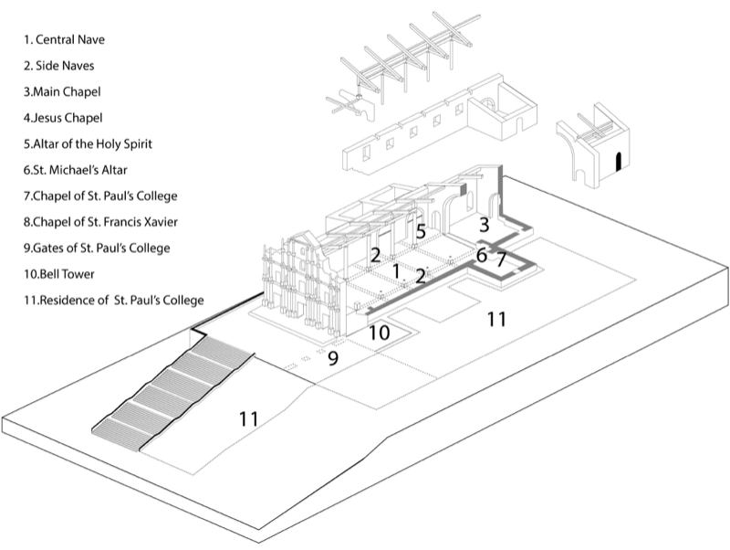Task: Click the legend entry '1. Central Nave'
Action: point(64,39)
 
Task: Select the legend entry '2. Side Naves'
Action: point(59,66)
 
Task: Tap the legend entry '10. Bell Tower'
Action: point(59,274)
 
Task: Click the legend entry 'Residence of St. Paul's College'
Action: point(114,301)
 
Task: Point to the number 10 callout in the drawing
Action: point(379,333)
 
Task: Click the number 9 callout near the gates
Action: point(333,358)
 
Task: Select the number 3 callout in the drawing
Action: point(485,225)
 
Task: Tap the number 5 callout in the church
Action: point(421,232)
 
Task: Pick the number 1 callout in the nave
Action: point(396,270)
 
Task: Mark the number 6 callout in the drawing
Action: point(482,256)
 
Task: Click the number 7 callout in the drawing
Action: point(500,260)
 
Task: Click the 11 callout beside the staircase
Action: point(248,419)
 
